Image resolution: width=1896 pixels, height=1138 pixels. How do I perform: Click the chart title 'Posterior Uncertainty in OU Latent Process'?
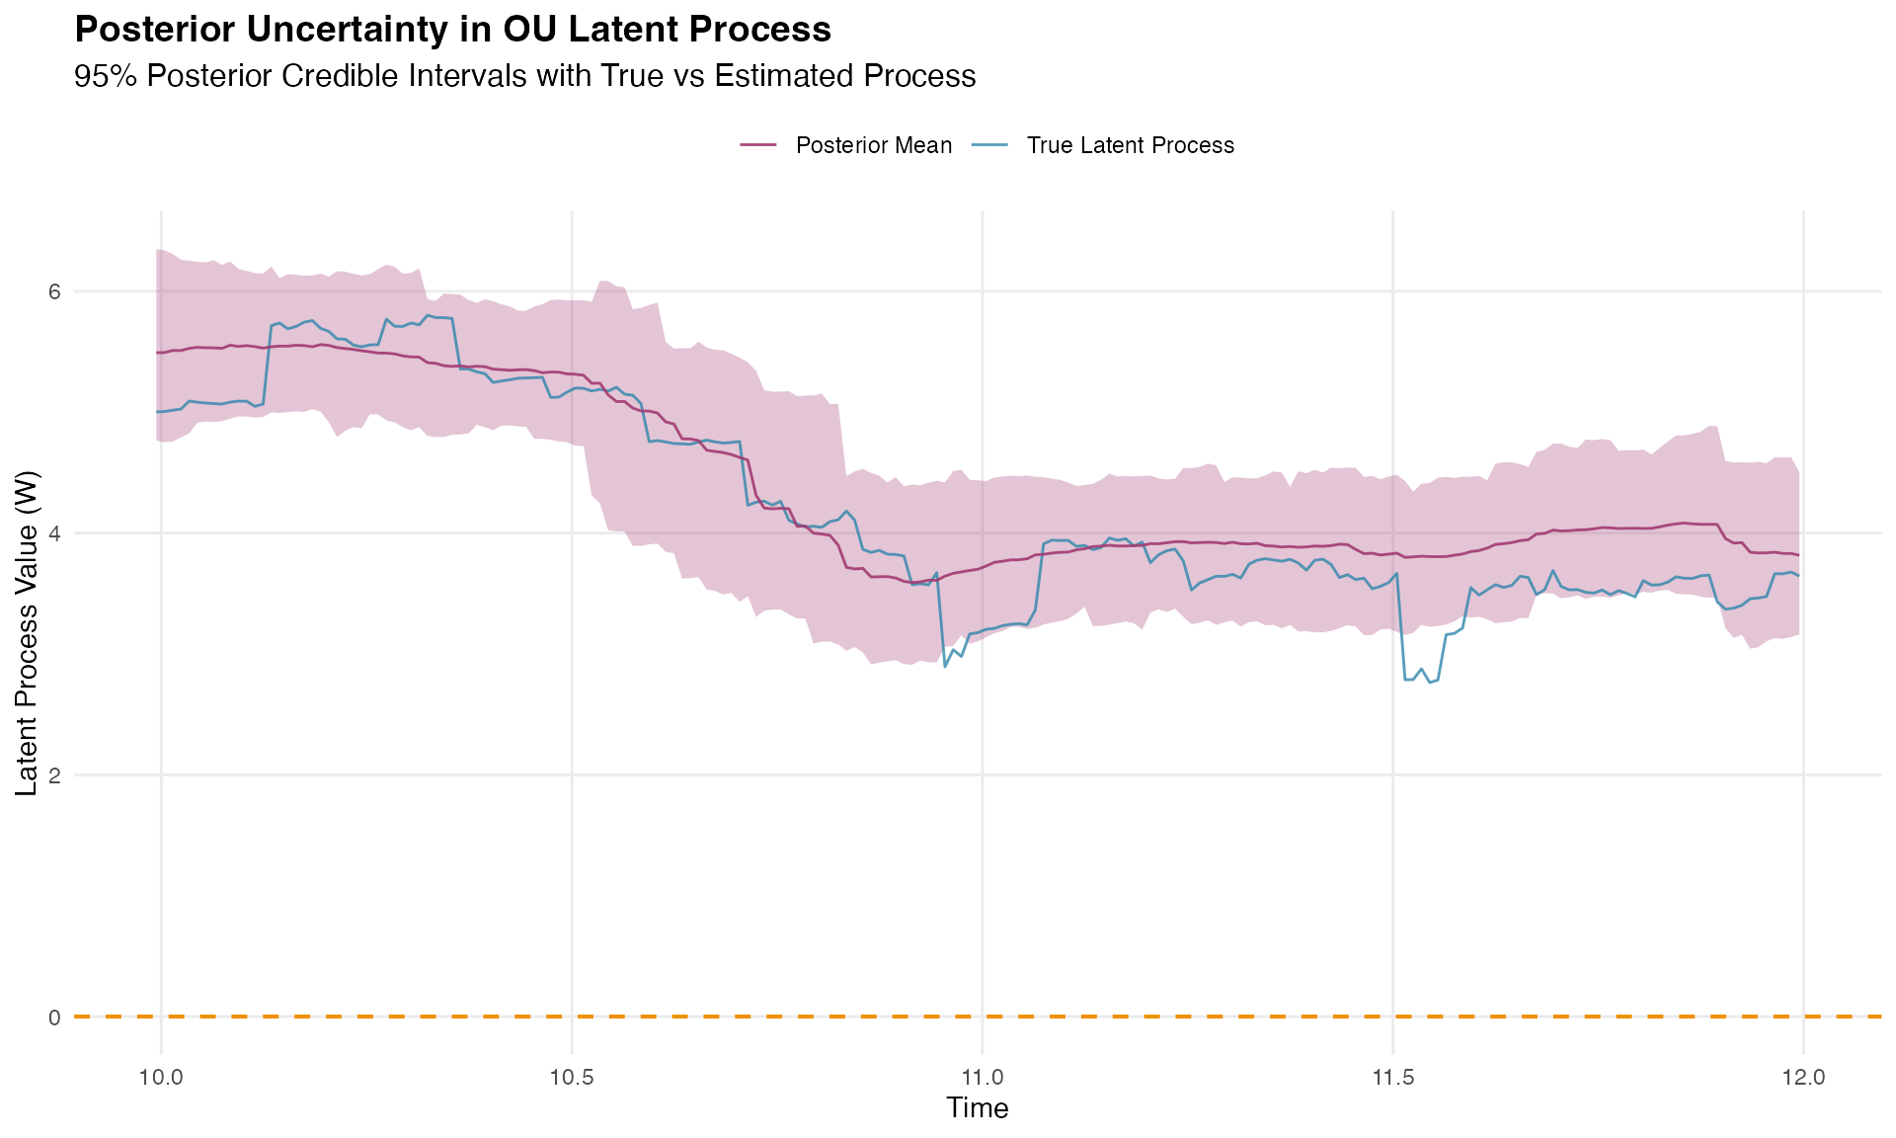pos(452,31)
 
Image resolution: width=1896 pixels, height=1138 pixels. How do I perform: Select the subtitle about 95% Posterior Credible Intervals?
pos(524,76)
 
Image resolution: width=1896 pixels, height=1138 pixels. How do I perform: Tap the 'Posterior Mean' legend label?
pos(873,145)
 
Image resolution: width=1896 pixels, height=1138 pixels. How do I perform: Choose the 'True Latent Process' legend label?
pos(1130,145)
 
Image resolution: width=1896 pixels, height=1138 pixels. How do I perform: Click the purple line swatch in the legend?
pos(759,145)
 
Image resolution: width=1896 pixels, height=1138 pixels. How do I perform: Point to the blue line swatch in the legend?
pos(990,145)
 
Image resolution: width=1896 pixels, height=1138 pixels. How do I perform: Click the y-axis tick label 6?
pos(54,291)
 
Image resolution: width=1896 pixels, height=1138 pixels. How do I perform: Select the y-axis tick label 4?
pos(54,533)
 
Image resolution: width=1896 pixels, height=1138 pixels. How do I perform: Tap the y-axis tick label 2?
pos(54,775)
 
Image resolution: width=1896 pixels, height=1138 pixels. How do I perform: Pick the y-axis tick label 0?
pos(54,1016)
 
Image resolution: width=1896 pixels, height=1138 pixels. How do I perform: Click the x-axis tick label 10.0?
pos(161,1076)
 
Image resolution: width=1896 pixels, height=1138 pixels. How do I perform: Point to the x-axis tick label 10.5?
pos(571,1076)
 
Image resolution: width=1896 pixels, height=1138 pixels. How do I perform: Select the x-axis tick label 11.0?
pos(982,1076)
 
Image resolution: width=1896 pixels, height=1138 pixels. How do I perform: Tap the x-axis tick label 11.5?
pos(1392,1076)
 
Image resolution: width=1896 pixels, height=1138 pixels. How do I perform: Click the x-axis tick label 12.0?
pos(1803,1076)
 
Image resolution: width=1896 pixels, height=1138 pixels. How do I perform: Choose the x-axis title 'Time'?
pos(978,1108)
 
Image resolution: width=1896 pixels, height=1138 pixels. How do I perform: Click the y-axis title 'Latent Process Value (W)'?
pos(27,632)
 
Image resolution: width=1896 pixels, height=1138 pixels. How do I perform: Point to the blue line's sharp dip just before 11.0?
pos(946,666)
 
